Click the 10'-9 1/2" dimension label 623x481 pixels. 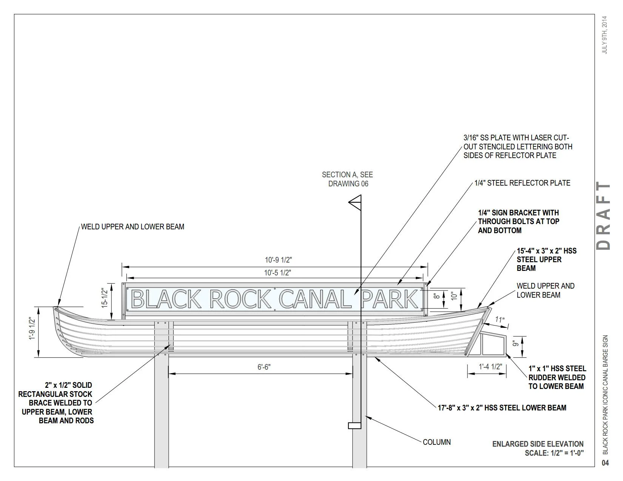(278, 260)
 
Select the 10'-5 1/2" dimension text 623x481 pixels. (278, 272)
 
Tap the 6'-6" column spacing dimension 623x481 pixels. (264, 367)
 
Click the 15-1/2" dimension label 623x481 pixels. (105, 298)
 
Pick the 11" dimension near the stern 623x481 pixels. (500, 320)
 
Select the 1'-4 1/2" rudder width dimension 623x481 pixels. (490, 367)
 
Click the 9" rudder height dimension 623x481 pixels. (514, 343)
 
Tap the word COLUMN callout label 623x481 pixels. (436, 442)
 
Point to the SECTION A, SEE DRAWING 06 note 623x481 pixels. (347, 179)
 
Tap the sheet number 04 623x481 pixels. (605, 463)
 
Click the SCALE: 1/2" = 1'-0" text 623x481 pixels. (554, 453)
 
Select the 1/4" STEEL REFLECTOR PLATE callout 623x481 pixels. (522, 183)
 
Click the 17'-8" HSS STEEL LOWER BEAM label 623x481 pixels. (502, 408)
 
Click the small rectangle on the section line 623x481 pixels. (354, 426)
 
